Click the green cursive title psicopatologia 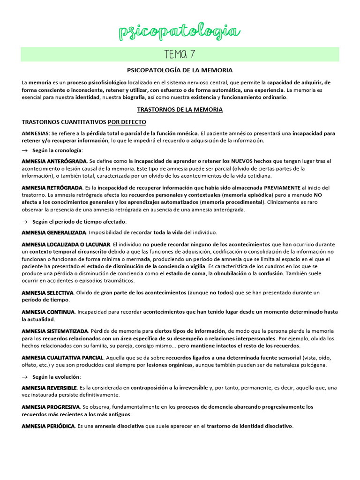(x=180, y=32)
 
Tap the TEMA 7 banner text (x=180, y=54)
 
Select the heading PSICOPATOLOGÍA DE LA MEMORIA (x=180, y=70)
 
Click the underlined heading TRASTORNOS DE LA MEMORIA (x=180, y=110)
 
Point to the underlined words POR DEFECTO (x=127, y=122)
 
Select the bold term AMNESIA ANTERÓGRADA (x=51, y=161)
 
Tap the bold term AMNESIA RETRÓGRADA (x=49, y=187)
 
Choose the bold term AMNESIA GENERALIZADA (x=54, y=232)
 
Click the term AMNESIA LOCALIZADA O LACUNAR (x=66, y=244)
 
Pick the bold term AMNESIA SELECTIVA (x=47, y=292)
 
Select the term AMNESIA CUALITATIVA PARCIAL (x=62, y=358)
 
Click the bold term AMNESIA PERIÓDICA (x=48, y=426)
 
